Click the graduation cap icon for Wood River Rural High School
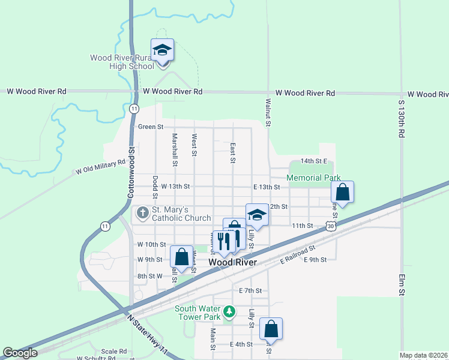(162, 50)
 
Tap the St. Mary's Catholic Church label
(181, 214)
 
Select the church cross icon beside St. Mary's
(143, 213)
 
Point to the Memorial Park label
(313, 178)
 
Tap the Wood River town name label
(232, 263)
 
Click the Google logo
(20, 353)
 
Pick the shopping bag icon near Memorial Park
(342, 193)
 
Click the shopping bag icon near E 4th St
(271, 329)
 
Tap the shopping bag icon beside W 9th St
(181, 257)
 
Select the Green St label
(151, 127)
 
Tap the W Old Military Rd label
(101, 167)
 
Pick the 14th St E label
(314, 161)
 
